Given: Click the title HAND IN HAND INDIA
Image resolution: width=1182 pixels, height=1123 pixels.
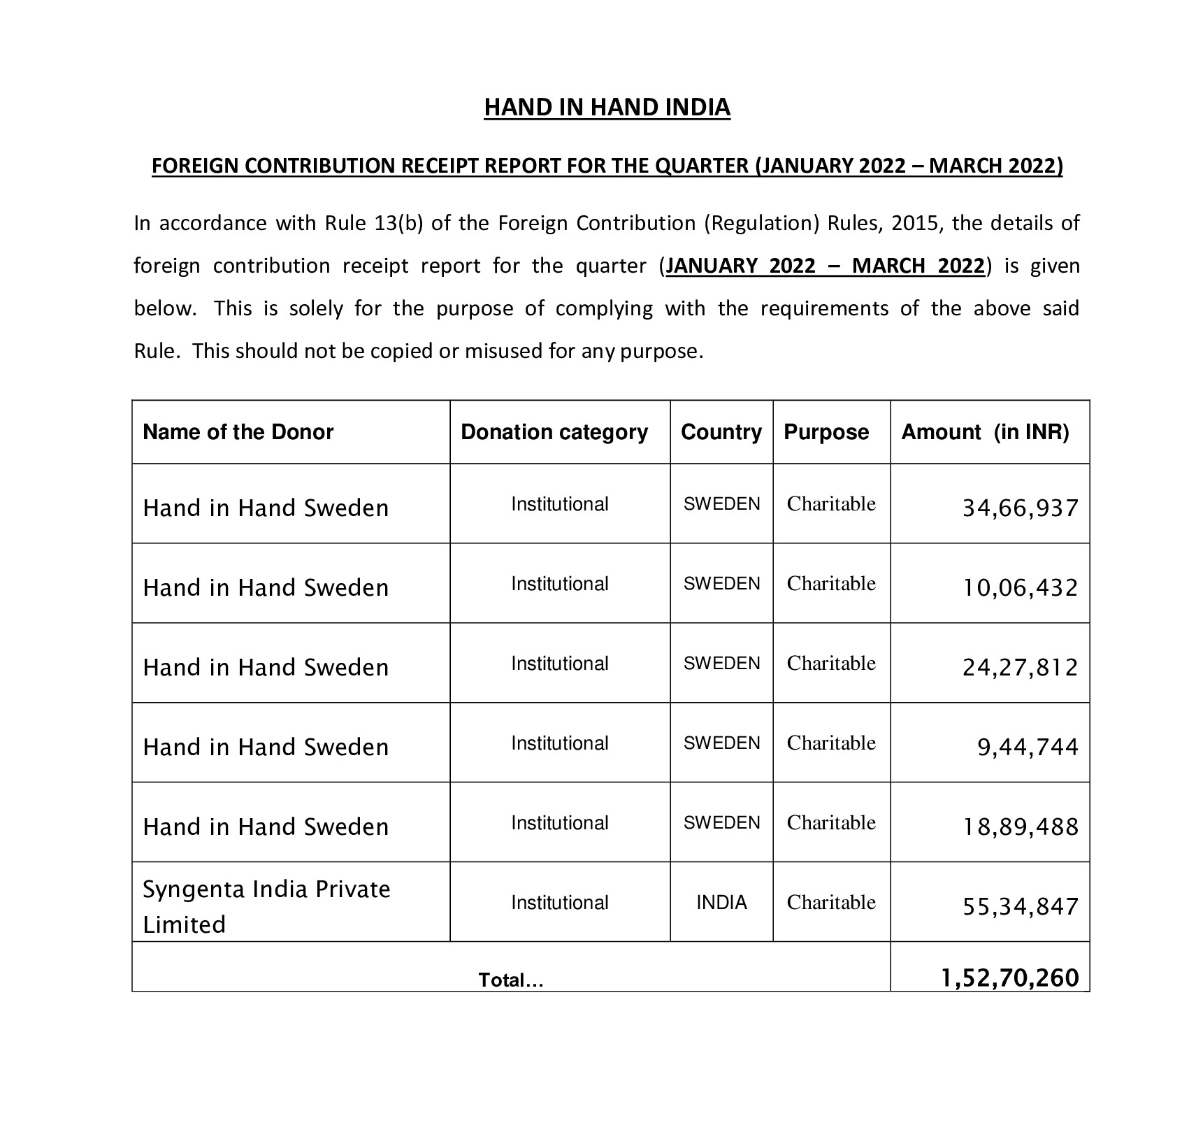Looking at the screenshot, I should point(607,107).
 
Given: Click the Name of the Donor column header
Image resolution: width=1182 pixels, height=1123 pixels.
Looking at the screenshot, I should point(238,432).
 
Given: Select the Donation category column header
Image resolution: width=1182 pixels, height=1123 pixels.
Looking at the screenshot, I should point(554,432).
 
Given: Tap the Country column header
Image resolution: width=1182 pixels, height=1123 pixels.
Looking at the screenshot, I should point(721,432).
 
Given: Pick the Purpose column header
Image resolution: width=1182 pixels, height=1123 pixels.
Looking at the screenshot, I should point(826,432).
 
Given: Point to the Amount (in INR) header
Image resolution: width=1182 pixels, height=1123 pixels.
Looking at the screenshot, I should point(985,432).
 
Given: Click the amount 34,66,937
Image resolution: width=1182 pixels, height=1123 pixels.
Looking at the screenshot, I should point(1021,508).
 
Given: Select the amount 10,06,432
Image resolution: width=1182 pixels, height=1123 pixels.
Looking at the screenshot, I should point(1021,587).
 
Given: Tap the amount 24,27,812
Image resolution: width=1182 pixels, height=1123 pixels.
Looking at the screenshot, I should point(1021,667).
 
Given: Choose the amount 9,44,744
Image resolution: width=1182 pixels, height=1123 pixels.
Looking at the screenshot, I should point(1028,747).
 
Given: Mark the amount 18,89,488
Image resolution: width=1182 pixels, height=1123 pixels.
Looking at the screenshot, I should point(1021,827).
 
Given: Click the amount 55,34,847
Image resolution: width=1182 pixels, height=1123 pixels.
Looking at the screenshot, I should point(1021,906).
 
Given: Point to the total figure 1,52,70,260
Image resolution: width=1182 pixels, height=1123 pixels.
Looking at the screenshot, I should point(1010,978).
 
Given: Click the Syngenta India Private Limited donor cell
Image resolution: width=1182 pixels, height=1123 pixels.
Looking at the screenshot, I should point(266,906).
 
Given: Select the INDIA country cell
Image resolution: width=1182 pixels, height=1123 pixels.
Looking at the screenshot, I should point(721,903).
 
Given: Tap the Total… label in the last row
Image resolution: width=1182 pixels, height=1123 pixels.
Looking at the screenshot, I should point(511,980).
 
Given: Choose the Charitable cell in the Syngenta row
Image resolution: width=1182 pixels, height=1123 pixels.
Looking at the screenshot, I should point(831,903).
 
